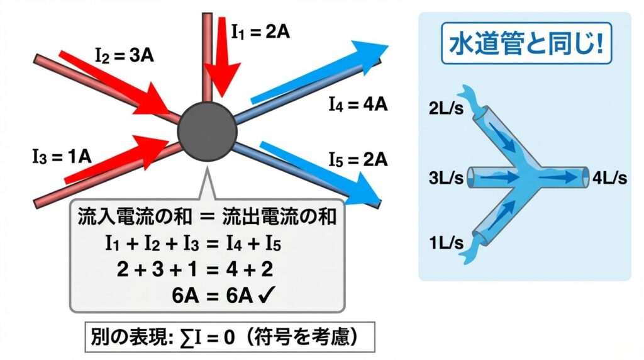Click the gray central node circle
[207, 130]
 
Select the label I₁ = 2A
[260, 31]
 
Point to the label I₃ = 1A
[62, 155]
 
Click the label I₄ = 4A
[357, 104]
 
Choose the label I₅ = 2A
[357, 159]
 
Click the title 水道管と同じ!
[525, 44]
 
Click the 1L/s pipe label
[447, 242]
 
